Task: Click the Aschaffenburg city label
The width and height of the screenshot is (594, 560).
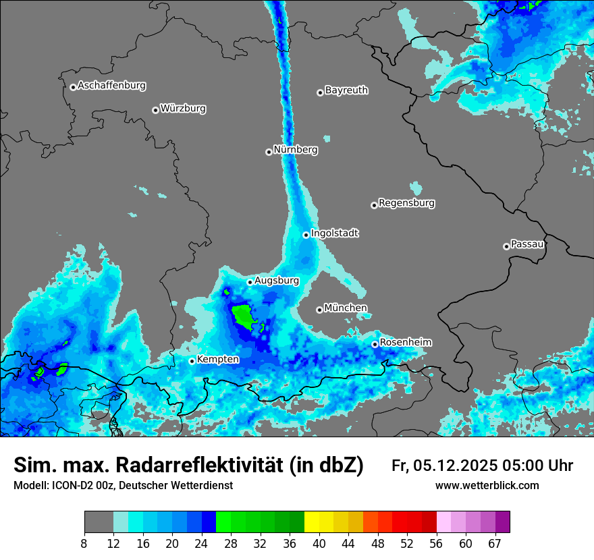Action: click(111, 86)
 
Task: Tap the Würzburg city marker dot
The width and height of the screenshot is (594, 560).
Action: click(155, 110)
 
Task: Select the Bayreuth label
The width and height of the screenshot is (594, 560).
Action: click(346, 90)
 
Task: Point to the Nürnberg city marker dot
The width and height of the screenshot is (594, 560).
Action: click(269, 152)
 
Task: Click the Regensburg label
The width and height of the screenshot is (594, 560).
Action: click(406, 202)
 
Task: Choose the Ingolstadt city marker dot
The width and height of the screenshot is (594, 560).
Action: click(306, 235)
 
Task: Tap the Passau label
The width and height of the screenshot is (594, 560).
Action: click(527, 244)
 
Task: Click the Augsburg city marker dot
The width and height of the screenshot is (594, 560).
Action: click(250, 282)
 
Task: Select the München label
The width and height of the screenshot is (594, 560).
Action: click(346, 308)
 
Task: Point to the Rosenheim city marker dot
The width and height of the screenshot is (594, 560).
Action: click(375, 344)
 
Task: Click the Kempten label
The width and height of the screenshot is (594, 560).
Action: click(217, 359)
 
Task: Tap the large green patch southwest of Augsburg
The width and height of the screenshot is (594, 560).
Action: click(243, 316)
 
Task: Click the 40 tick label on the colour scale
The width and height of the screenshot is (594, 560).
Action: click(319, 543)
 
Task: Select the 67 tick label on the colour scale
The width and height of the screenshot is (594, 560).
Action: click(495, 543)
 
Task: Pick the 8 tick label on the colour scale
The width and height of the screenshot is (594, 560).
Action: click(84, 543)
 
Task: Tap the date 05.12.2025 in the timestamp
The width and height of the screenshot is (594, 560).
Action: click(456, 466)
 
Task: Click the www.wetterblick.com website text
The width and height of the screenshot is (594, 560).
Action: click(487, 485)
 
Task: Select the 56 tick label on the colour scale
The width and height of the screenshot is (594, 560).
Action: click(436, 543)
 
